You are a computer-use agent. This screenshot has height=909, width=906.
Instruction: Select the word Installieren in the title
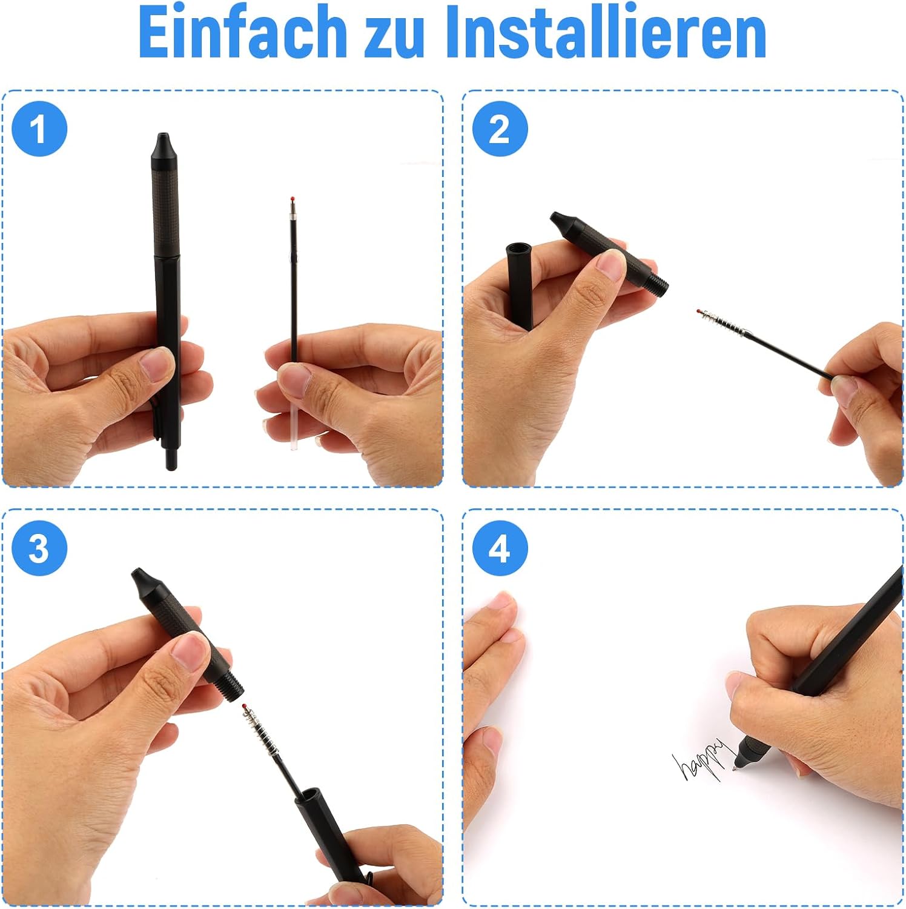[x=606, y=32]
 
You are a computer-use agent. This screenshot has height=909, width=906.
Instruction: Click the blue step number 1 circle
[x=39, y=128]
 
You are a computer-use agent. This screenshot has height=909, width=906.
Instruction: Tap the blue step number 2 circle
[x=500, y=128]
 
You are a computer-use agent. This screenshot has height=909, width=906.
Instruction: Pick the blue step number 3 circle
[x=39, y=548]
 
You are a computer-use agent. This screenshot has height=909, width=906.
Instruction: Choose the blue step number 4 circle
[x=500, y=548]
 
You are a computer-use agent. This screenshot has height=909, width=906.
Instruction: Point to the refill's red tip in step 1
[x=293, y=199]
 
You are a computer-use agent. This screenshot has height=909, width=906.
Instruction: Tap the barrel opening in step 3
[x=308, y=795]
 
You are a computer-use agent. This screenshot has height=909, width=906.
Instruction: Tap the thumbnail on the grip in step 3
[x=189, y=650]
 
